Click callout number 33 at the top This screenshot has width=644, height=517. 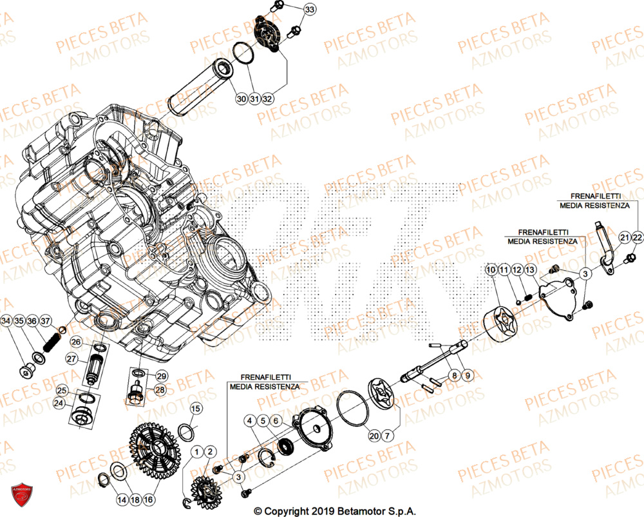pos(310,10)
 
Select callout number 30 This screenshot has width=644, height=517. pos(241,99)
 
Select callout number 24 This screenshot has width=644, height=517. pos(59,404)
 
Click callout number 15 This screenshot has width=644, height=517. pos(196,408)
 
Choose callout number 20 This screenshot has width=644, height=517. pos(374,436)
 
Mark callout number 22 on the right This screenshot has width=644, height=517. pos(637,238)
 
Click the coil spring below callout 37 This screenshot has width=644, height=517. pos(46,342)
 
